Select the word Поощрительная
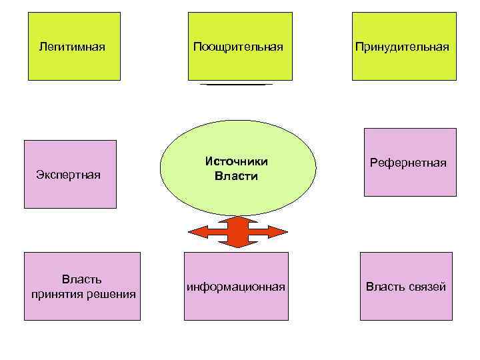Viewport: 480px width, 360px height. pos(238,47)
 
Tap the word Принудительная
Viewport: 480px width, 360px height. pos(402,47)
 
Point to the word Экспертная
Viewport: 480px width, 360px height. pos(68,175)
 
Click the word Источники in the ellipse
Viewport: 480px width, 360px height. pos(237,162)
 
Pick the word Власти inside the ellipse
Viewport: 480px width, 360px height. pos(236,177)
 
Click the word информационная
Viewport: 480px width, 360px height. pos(236,287)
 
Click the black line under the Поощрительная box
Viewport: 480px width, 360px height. pos(237,85)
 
